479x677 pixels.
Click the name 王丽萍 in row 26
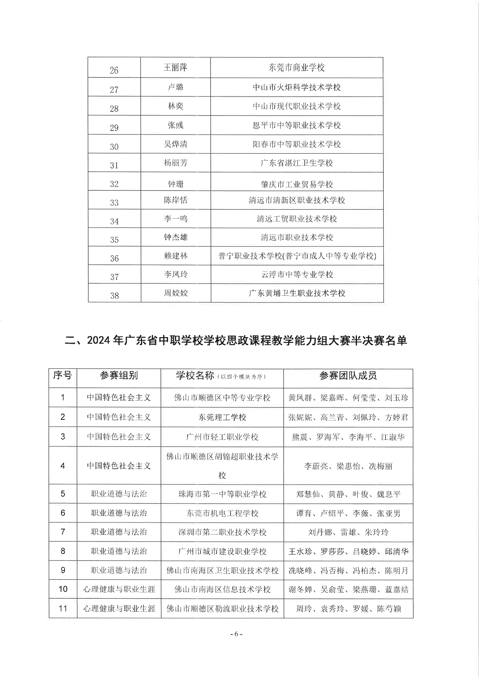click(175, 68)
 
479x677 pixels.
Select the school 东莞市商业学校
click(297, 68)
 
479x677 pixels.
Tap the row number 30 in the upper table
click(114, 147)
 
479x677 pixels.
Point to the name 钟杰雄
click(175, 237)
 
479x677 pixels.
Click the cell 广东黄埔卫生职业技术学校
click(297, 293)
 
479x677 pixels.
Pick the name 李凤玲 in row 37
click(175, 275)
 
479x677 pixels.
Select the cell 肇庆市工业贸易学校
click(297, 184)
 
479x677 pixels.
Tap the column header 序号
click(63, 375)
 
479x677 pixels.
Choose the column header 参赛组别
click(119, 375)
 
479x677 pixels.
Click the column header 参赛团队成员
click(348, 375)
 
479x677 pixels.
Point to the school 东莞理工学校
click(222, 417)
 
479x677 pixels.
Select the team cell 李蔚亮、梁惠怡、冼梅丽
click(348, 466)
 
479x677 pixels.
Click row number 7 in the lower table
click(63, 532)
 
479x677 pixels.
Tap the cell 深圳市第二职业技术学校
click(222, 532)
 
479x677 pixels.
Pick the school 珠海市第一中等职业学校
click(222, 494)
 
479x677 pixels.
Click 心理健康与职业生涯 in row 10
click(119, 589)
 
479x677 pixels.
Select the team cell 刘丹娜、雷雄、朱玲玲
click(348, 532)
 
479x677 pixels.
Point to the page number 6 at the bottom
click(236, 634)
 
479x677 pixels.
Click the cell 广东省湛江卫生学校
click(297, 163)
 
